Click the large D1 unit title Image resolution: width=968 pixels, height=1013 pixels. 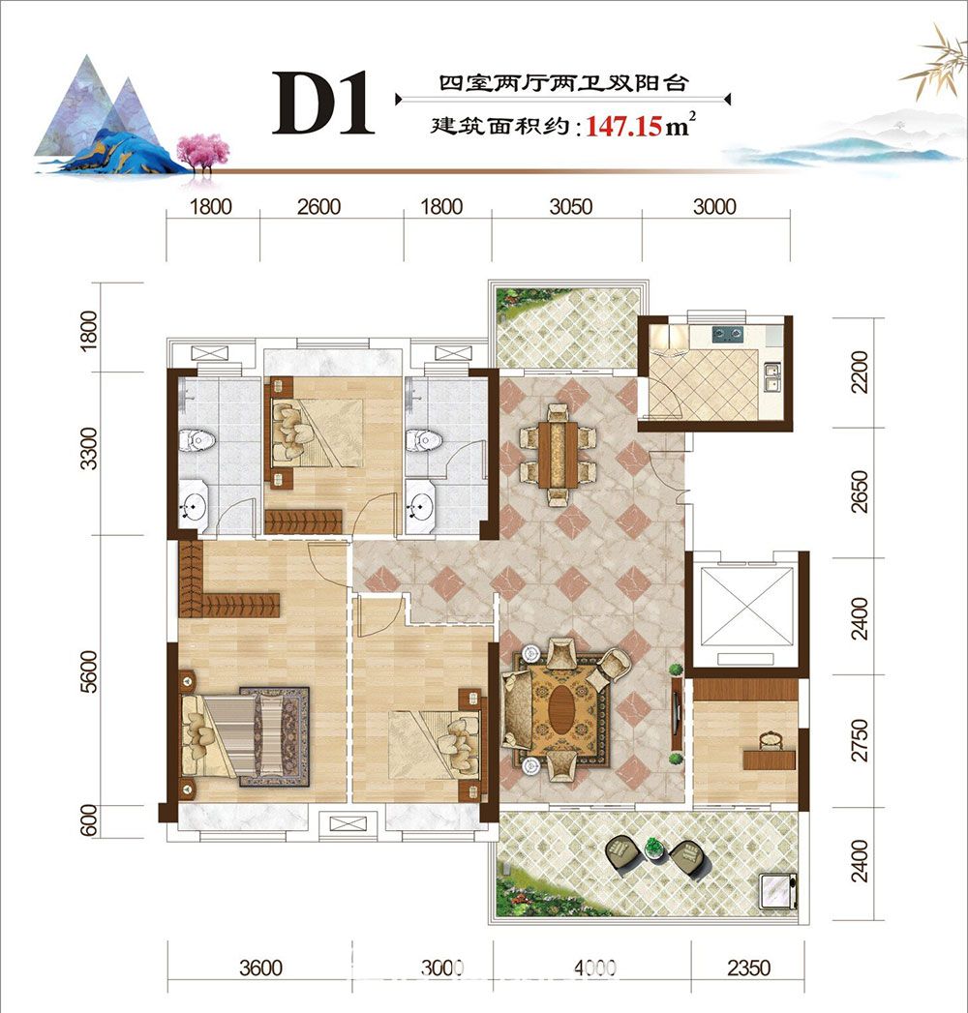[x=322, y=104]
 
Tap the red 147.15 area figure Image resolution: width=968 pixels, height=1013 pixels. [x=624, y=126]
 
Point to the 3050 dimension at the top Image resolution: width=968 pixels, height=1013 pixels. [x=570, y=207]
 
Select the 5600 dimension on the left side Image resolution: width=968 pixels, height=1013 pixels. [x=88, y=671]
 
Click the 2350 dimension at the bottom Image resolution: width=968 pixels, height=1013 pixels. [x=749, y=968]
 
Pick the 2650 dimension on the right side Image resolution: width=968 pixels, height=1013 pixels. [x=860, y=492]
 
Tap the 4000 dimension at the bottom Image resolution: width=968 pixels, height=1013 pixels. [x=594, y=968]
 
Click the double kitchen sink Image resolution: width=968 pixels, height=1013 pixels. [x=771, y=377]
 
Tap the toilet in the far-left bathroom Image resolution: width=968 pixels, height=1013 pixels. [x=197, y=440]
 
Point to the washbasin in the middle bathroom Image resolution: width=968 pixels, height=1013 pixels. [x=421, y=505]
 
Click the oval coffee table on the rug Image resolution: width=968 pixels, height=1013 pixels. [x=560, y=708]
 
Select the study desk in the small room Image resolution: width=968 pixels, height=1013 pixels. [x=769, y=759]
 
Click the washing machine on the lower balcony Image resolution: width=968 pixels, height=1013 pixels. [x=778, y=890]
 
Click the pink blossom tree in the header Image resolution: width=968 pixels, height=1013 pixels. [x=203, y=153]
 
